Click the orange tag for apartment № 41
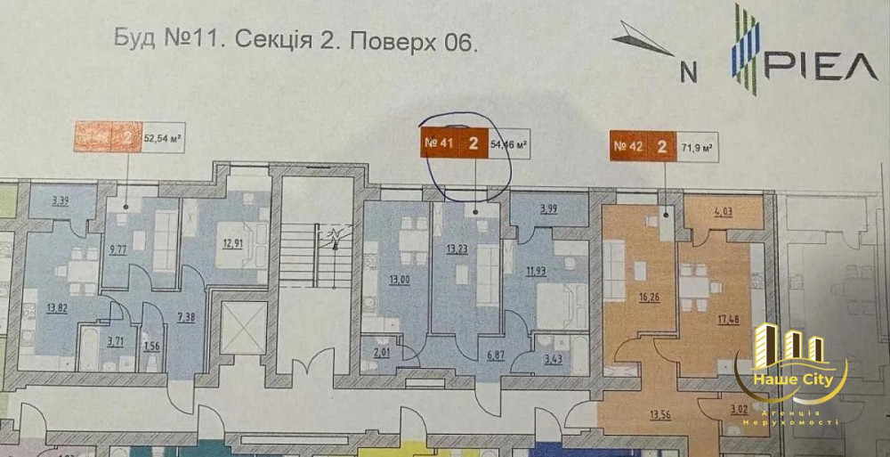click(453, 143)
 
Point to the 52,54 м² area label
click(163, 137)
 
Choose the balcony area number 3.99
click(547, 210)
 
